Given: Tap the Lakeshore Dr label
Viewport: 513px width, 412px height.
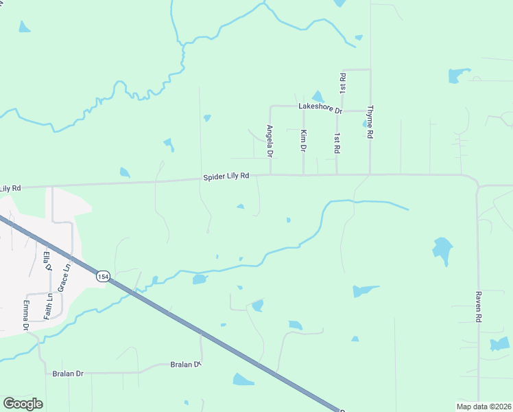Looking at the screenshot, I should [320, 107].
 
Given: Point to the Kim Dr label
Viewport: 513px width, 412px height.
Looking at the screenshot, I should [303, 139].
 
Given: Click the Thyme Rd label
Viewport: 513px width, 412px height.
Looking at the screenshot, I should [370, 122].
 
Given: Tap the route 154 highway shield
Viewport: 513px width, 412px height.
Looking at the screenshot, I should [102, 276].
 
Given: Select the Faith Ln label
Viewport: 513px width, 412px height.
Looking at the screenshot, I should [49, 306].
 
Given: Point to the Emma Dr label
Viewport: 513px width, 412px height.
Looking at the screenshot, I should [26, 315].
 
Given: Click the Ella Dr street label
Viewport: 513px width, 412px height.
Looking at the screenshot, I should [47, 262].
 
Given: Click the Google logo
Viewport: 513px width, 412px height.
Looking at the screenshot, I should [23, 404].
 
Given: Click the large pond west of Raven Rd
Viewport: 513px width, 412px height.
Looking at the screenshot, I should [443, 250].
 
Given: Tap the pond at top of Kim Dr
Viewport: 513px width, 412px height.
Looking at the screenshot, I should [318, 97].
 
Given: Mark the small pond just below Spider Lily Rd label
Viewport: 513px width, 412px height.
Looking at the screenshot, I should [240, 206].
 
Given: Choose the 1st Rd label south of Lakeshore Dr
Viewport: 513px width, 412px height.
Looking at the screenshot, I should [336, 143].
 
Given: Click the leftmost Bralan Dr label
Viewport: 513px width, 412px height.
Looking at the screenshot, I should [68, 374].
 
